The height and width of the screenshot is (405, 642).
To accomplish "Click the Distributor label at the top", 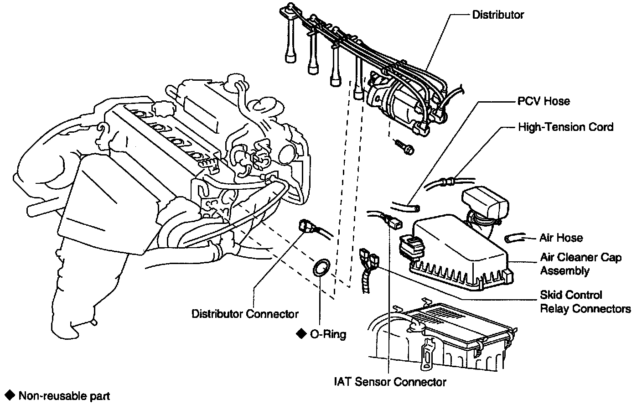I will click(x=498, y=15).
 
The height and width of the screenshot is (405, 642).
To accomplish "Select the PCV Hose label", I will click(x=544, y=101).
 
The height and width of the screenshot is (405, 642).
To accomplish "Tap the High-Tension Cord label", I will click(x=565, y=127).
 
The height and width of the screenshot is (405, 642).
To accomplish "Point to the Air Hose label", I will click(x=561, y=238).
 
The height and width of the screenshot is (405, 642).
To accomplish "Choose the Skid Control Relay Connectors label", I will click(x=585, y=302).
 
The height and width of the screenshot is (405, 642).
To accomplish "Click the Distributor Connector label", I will click(x=245, y=314).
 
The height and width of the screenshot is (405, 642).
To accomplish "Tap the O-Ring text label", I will click(x=328, y=334).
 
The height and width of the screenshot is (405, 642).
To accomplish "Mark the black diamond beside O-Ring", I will click(x=300, y=333).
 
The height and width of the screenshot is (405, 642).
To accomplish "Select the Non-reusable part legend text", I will click(x=64, y=395).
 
